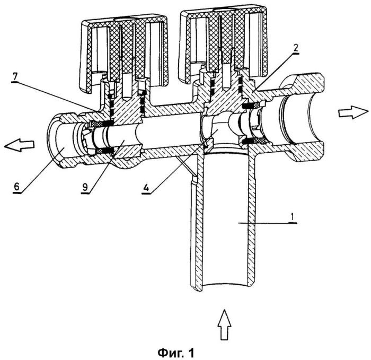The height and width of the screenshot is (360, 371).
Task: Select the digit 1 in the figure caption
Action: (192, 352)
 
